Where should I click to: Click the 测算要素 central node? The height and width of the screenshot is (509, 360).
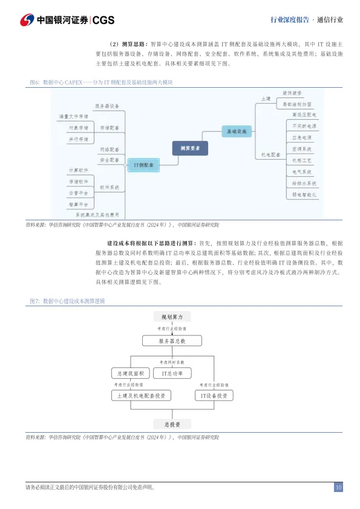[x=194, y=147]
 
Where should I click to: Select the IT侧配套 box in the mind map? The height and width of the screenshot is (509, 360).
[x=143, y=164]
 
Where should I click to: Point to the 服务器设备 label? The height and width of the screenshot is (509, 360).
[x=107, y=105]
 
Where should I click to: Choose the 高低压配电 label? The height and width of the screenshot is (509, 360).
[x=304, y=114]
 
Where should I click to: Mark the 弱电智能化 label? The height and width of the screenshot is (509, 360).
[x=304, y=195]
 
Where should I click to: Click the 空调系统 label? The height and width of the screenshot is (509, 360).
[x=302, y=149]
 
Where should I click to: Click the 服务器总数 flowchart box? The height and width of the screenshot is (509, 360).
[x=172, y=341]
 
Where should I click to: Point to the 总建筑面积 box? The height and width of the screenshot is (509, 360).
[x=128, y=373]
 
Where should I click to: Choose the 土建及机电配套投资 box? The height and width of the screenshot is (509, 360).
[x=140, y=396]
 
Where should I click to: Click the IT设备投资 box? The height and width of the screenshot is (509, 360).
[x=214, y=396]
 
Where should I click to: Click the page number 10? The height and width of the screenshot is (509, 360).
[x=338, y=487]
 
